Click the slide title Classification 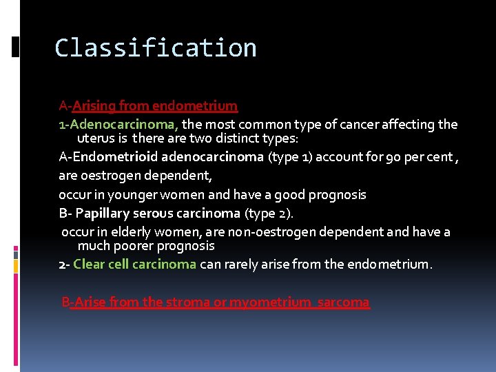pyautogui.click(x=156, y=48)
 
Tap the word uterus pyautogui.click(x=96, y=138)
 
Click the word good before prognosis pyautogui.click(x=290, y=195)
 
